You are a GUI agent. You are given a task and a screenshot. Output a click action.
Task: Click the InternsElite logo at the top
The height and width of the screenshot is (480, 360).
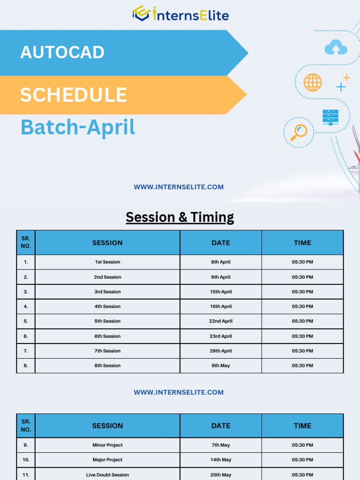pyautogui.click(x=180, y=14)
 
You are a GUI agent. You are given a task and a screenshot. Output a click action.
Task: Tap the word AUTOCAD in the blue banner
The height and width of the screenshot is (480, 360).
pyautogui.click(x=62, y=52)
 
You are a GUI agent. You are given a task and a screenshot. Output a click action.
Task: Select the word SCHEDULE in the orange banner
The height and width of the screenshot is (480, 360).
pyautogui.click(x=73, y=95)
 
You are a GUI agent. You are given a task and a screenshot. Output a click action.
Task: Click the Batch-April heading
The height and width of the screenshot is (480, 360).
pyautogui.click(x=78, y=127)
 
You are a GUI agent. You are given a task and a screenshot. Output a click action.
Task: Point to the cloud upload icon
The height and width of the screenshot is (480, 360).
pyautogui.click(x=336, y=47)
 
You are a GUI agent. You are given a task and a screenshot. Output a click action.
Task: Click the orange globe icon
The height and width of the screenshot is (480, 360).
pyautogui.click(x=313, y=82)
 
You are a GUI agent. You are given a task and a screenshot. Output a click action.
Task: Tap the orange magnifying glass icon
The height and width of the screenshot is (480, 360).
pyautogui.click(x=298, y=132)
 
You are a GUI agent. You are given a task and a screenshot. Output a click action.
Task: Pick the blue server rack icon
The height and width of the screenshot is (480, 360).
pyautogui.click(x=330, y=117)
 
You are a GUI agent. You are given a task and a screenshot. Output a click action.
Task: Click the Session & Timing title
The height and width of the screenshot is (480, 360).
pyautogui.click(x=180, y=217)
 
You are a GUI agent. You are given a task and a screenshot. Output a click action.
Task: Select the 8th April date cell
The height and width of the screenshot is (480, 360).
pyautogui.click(x=221, y=262)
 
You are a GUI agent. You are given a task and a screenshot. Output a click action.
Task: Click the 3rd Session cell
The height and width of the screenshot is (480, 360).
pyautogui.click(x=107, y=292)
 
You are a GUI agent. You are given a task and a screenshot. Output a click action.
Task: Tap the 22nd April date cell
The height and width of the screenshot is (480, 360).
pyautogui.click(x=221, y=321)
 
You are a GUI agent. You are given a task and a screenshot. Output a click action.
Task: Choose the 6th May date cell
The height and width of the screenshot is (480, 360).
pyautogui.click(x=221, y=366)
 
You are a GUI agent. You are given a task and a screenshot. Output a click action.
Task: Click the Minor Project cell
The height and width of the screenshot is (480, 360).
pyautogui.click(x=107, y=445)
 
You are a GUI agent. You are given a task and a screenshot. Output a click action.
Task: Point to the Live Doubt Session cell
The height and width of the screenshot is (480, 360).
pyautogui.click(x=107, y=475)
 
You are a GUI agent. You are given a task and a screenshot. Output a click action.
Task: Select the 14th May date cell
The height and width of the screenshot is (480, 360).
pyautogui.click(x=221, y=460)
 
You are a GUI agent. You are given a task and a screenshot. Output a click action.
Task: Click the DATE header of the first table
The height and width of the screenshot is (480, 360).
pyautogui.click(x=221, y=243)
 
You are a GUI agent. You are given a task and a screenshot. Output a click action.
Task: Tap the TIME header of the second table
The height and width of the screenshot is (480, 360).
pyautogui.click(x=302, y=426)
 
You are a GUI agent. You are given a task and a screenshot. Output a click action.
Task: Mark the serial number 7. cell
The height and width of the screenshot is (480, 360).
pyautogui.click(x=26, y=351)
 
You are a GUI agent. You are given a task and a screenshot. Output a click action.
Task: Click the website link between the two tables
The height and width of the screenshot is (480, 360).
pyautogui.click(x=179, y=392)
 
